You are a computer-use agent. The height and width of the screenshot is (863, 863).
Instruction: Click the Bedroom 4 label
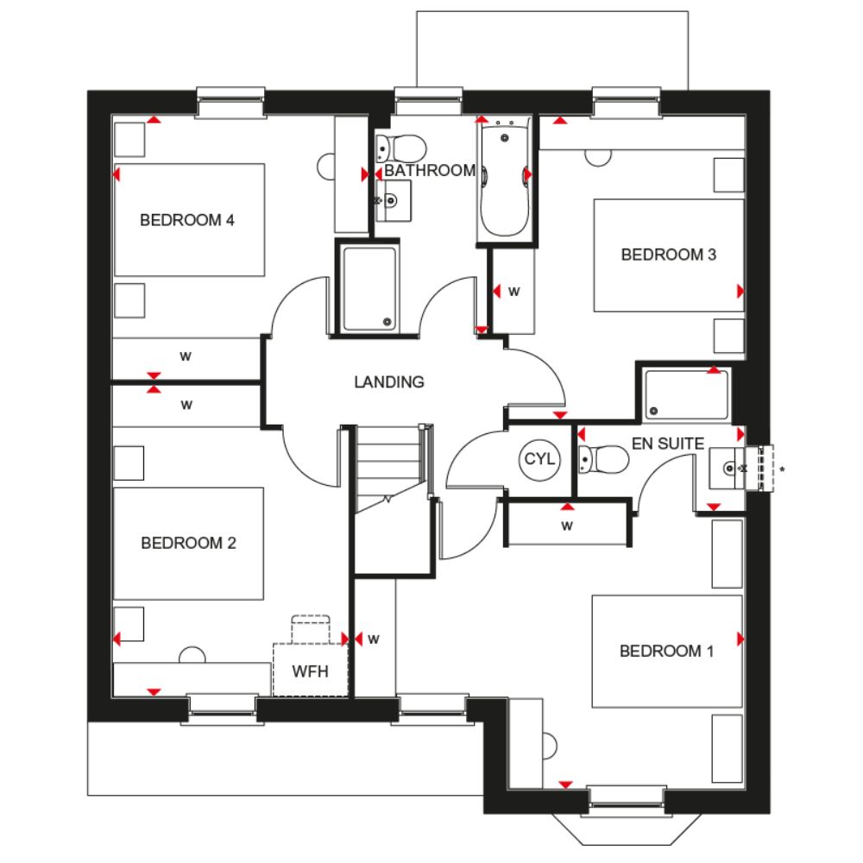[187, 220]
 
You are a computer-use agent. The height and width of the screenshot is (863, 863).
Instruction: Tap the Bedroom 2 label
[188, 543]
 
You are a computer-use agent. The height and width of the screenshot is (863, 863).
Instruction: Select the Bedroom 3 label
[669, 255]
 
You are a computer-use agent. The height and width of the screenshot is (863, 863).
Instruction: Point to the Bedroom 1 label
[666, 651]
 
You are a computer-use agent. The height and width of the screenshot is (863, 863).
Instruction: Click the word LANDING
[389, 382]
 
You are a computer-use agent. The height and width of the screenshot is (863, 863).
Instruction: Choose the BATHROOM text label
[430, 171]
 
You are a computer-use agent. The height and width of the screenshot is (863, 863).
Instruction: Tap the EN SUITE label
[668, 444]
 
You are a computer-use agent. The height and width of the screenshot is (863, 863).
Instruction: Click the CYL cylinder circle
[540, 459]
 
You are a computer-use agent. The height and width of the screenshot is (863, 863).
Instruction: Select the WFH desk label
[311, 671]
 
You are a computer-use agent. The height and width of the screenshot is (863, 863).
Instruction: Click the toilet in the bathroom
[400, 148]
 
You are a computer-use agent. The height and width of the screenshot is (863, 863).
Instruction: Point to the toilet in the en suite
[603, 460]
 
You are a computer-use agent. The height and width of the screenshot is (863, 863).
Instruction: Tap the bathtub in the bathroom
[505, 179]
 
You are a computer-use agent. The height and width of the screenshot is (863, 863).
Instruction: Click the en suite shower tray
[687, 395]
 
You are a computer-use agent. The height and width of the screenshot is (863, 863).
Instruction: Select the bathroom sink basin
[393, 200]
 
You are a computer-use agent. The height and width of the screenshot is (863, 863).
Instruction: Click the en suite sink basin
[727, 469]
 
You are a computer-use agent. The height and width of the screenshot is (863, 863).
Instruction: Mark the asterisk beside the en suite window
[782, 469]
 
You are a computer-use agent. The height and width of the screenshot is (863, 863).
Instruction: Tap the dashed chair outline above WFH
[311, 629]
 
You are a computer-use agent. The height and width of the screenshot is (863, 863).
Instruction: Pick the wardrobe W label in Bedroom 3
[514, 292]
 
